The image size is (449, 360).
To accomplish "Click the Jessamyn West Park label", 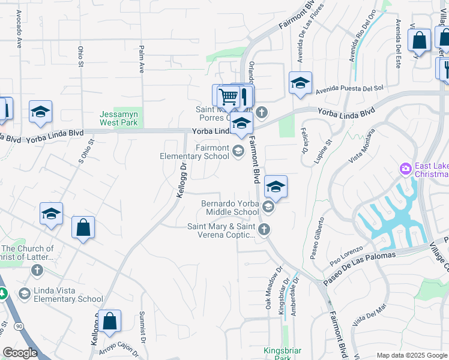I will [118, 118].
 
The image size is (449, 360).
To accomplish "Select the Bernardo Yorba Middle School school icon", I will [268, 208].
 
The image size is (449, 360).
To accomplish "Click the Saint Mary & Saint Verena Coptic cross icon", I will [264, 229].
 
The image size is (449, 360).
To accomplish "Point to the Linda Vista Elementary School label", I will [69, 299].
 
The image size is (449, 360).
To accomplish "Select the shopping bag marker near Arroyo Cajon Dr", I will [110, 322].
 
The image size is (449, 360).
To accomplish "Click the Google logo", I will [20, 353].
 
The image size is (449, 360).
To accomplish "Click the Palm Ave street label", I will [142, 59].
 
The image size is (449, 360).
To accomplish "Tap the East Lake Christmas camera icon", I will [406, 169].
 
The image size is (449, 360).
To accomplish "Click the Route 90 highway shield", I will [19, 326].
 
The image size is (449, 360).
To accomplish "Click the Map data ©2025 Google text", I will [411, 355].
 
